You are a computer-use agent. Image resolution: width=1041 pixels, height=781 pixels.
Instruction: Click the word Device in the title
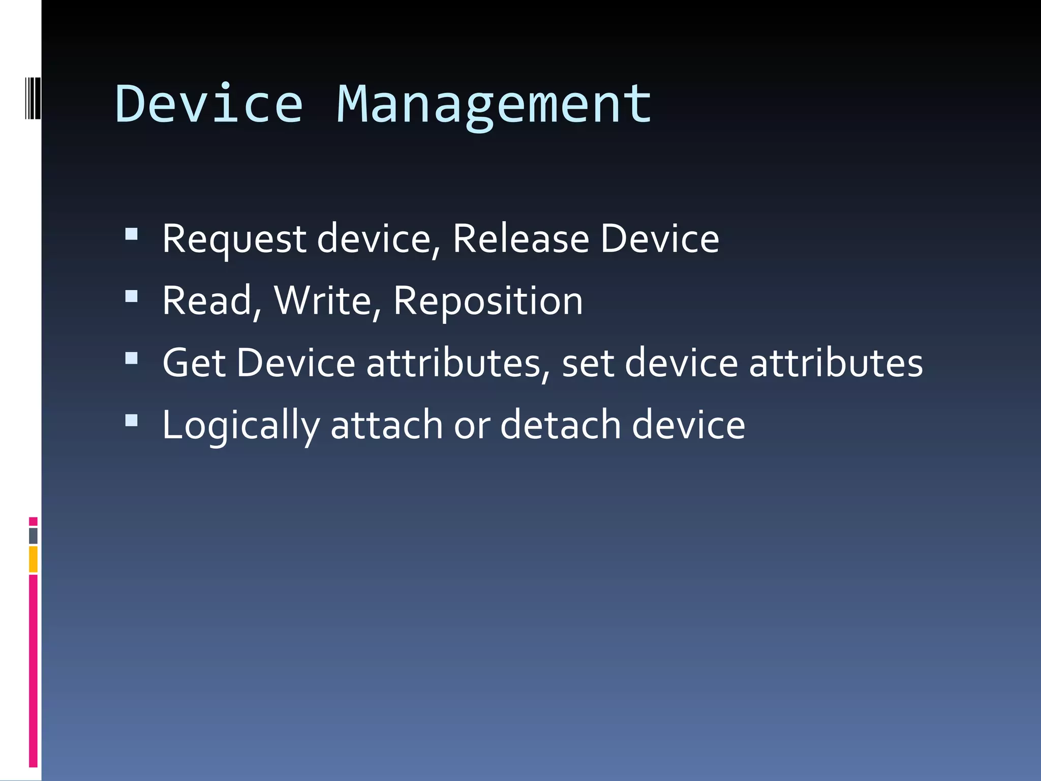tap(209, 104)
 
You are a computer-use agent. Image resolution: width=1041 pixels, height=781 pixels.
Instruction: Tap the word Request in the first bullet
tap(234, 239)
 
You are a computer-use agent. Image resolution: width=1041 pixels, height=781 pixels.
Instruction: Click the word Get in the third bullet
tap(194, 363)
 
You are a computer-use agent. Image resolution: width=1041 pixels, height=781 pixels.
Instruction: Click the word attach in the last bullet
tap(387, 425)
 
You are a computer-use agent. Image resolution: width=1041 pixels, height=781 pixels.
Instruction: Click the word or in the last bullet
tap(472, 426)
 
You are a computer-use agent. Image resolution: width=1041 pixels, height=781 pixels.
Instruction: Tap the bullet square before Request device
tap(132, 234)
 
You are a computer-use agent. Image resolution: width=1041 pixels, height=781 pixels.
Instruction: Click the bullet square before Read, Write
tap(132, 296)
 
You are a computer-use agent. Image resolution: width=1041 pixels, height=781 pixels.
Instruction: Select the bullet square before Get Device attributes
tap(132, 358)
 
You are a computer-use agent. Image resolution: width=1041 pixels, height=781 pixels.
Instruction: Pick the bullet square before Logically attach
tap(132, 420)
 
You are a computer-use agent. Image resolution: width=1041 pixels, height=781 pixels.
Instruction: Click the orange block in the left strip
tap(33, 559)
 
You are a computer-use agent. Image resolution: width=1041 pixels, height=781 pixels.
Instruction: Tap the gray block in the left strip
tap(33, 536)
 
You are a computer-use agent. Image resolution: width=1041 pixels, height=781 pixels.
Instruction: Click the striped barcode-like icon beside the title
tap(33, 97)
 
